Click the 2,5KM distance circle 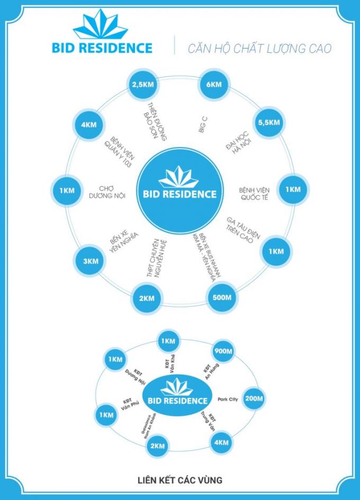pos(142,85)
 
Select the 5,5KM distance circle pos(268,123)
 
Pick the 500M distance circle pos(222,298)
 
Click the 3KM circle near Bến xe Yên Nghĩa pos(91,261)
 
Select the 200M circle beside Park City pos(255,398)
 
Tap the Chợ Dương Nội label pos(112,192)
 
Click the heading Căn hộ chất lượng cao pos(259,49)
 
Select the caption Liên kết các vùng pos(179,480)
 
